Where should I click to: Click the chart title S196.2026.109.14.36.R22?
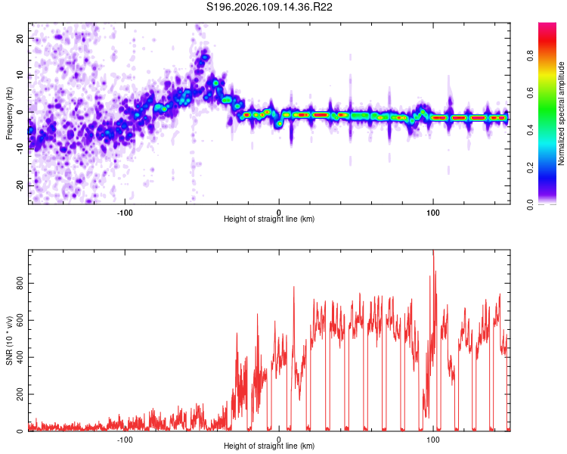(270, 7)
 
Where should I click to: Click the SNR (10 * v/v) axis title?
(9, 341)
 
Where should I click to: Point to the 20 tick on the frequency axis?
(20, 38)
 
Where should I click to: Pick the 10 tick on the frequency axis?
(20, 75)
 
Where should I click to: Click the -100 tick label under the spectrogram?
(125, 212)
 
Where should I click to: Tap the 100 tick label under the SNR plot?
(433, 439)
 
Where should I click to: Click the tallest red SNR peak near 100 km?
(433, 253)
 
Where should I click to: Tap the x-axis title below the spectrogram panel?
(269, 219)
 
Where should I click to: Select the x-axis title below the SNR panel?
(269, 446)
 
